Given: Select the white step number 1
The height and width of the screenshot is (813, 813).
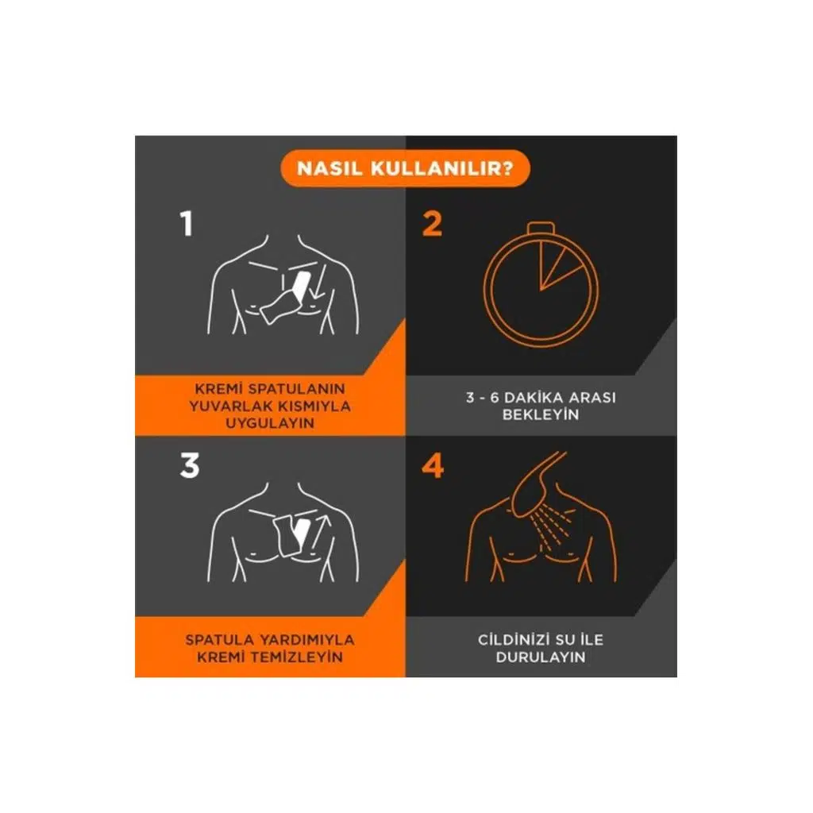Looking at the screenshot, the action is (187, 224).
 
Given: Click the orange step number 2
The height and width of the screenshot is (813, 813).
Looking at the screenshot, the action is (432, 224).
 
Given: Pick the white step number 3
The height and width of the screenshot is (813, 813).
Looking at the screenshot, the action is (189, 465).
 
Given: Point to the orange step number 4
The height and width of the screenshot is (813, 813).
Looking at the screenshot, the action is (433, 465).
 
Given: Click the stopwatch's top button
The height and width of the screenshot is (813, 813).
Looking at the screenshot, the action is (541, 228).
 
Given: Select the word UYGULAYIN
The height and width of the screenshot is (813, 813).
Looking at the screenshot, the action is (270, 423).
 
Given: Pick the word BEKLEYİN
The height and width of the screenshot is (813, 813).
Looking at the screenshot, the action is (540, 414).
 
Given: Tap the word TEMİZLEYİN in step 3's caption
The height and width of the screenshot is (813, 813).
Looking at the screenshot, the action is (297, 657).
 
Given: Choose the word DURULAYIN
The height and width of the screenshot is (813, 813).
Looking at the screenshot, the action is (540, 657).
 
